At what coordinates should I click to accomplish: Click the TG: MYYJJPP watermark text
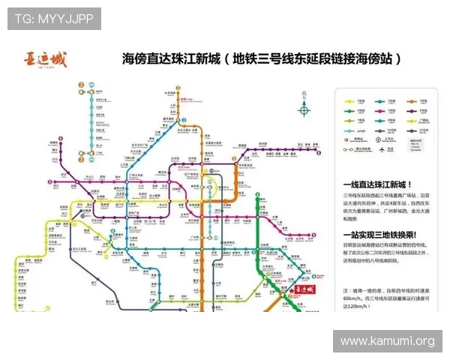coord(53,18)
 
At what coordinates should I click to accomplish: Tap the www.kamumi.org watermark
coord(387,341)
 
